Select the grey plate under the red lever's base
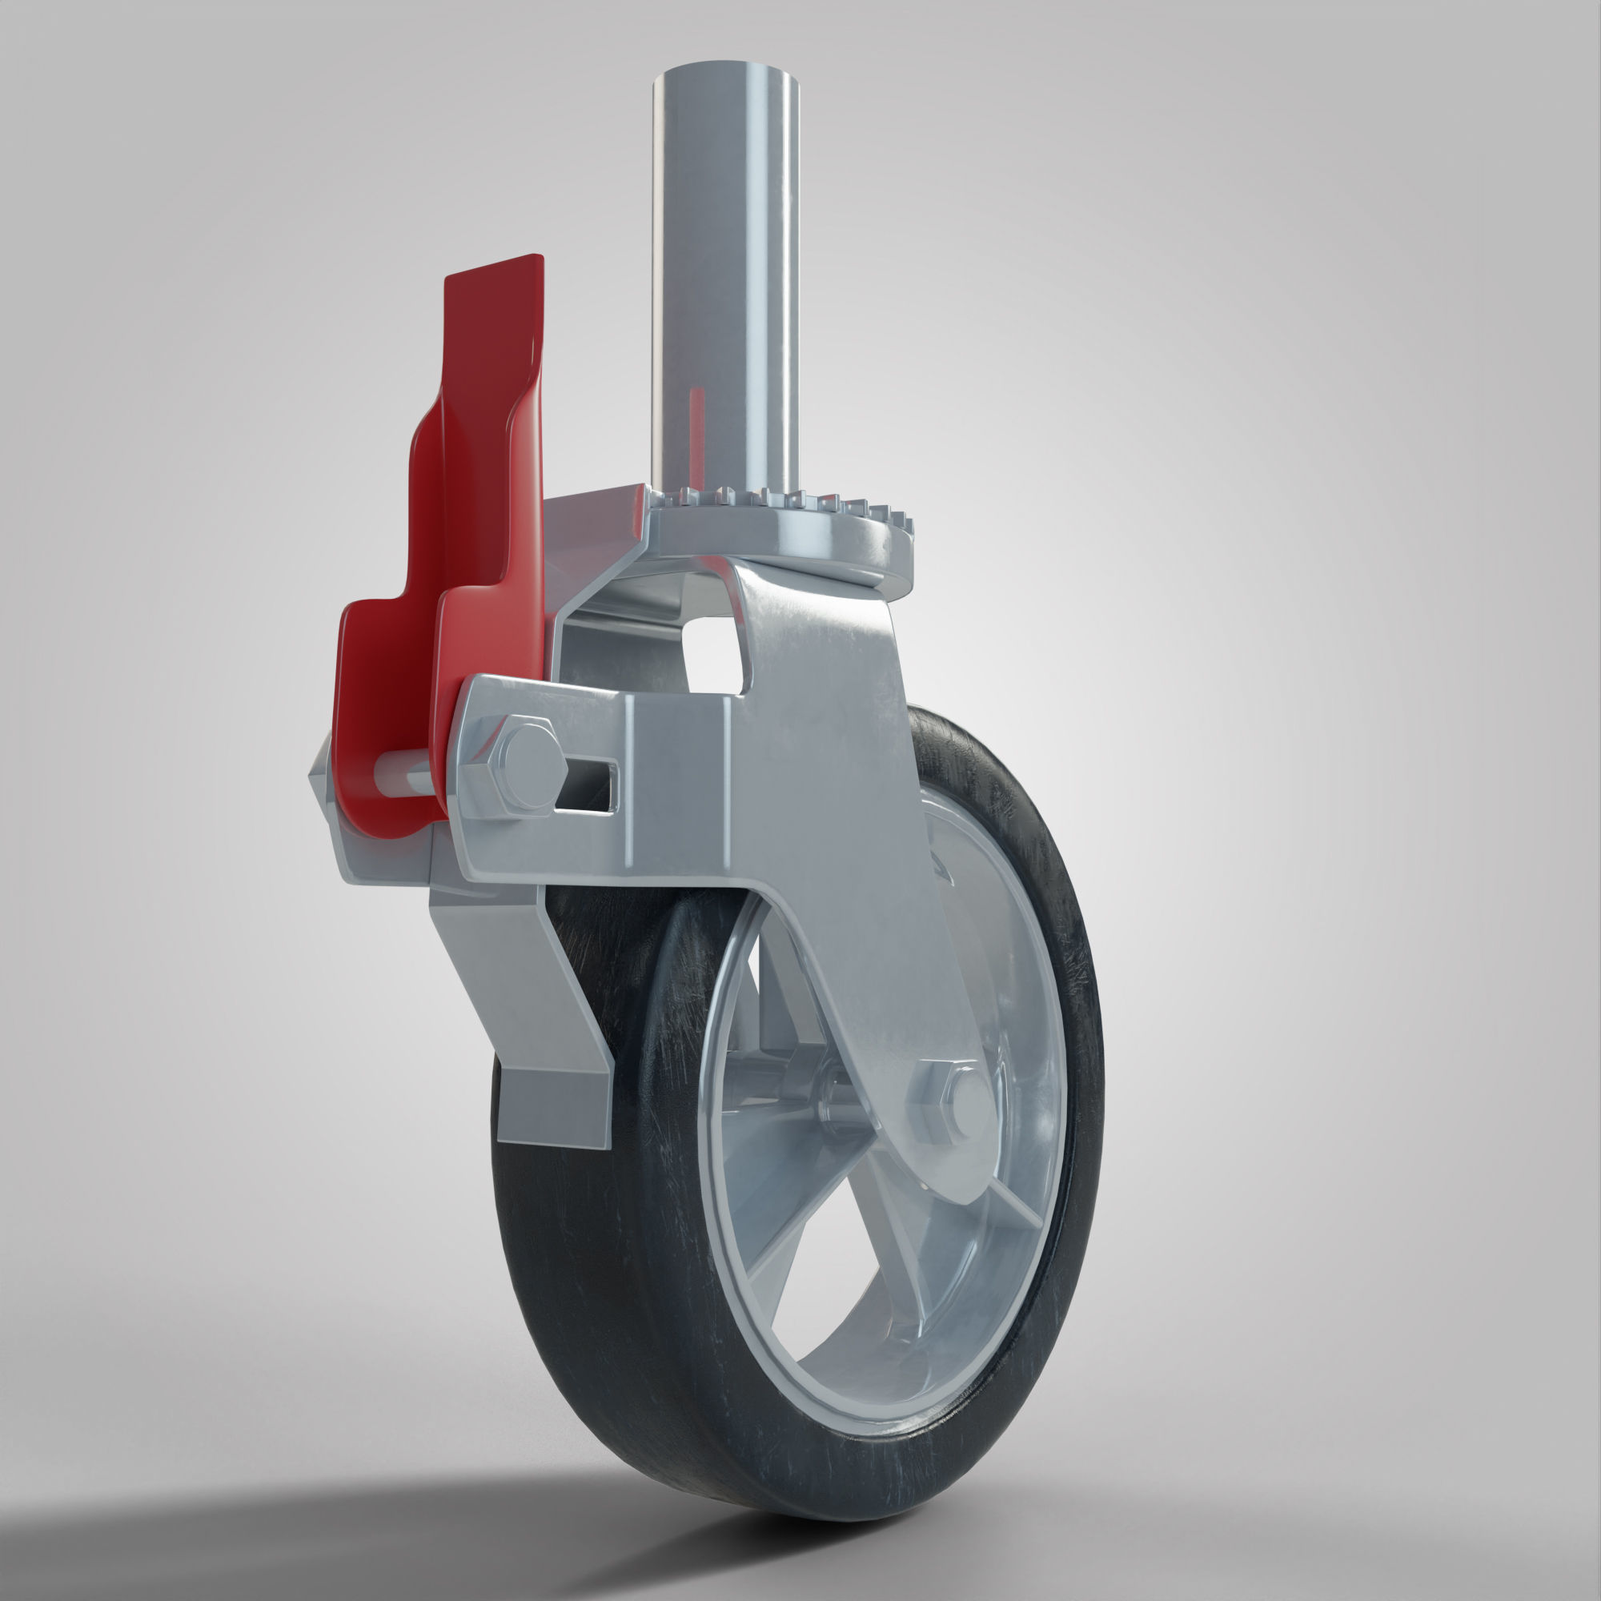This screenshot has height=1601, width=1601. click(x=381, y=862)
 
